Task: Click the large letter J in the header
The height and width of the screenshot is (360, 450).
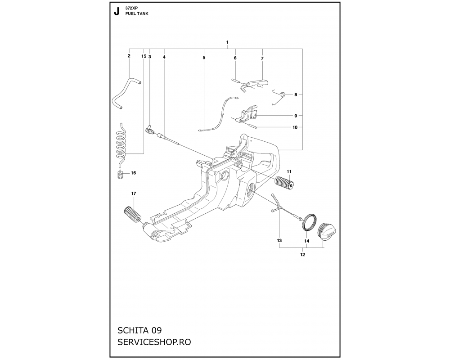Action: (117, 12)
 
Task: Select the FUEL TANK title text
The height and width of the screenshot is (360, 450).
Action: (137, 13)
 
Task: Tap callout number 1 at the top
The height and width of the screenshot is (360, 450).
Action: (227, 42)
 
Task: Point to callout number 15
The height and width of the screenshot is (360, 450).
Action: (144, 56)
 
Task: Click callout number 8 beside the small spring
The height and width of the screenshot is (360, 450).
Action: (296, 94)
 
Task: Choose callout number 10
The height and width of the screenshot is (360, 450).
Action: (295, 127)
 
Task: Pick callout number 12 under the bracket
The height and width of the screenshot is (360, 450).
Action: (302, 254)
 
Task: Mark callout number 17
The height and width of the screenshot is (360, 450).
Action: (134, 193)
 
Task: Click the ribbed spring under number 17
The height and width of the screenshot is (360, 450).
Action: (132, 214)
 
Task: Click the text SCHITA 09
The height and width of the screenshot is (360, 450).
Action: (139, 330)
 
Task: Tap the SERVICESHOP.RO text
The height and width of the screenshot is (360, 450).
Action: (154, 342)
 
